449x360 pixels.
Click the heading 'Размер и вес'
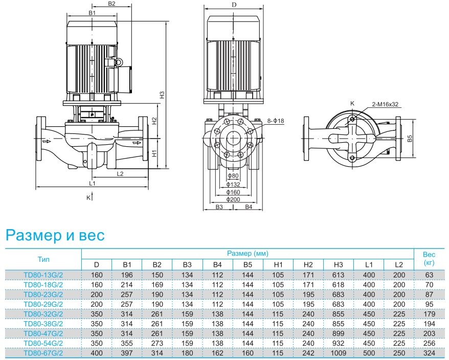pyautogui.click(x=55, y=235)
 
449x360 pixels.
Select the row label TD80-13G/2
pyautogui.click(x=43, y=275)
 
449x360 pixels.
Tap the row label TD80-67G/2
pyautogui.click(x=43, y=352)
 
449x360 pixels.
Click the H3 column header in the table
pyautogui.click(x=338, y=264)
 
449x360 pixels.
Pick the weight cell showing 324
pyautogui.click(x=429, y=352)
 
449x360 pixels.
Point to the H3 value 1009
pyautogui.click(x=338, y=352)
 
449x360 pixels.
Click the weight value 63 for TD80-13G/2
pyautogui.click(x=429, y=275)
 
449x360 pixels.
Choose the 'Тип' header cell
pyautogui.click(x=43, y=259)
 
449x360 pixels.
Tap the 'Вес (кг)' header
pyautogui.click(x=429, y=259)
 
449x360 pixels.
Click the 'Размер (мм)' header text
pyautogui.click(x=248, y=253)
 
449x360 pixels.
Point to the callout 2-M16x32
pyautogui.click(x=385, y=104)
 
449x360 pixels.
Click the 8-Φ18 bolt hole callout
pyautogui.click(x=275, y=121)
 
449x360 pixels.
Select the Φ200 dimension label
pyautogui.click(x=233, y=199)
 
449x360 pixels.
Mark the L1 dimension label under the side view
pyautogui.click(x=93, y=183)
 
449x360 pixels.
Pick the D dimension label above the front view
pyautogui.click(x=233, y=5)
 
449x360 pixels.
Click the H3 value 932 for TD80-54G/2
pyautogui.click(x=338, y=343)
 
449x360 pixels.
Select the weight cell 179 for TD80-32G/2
pyautogui.click(x=429, y=313)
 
